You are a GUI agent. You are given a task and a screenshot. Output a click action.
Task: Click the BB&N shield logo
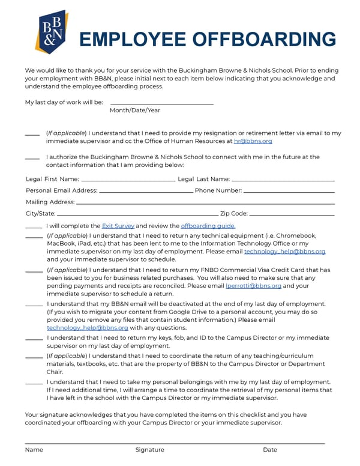coord(51,32)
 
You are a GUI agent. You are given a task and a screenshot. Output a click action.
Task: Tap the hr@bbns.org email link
coord(253,141)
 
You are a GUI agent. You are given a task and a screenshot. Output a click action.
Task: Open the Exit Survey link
coord(118,226)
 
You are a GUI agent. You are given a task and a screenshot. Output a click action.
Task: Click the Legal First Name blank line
coord(128,180)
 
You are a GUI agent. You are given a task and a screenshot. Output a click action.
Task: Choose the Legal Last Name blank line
coord(283,180)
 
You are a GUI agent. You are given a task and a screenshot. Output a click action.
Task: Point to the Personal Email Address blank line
coord(146,192)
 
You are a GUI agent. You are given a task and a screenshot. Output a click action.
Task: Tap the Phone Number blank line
coord(289,192)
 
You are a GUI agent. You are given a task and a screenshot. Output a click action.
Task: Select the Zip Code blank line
coord(292,214)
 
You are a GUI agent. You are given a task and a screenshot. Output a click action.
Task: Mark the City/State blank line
coord(137,214)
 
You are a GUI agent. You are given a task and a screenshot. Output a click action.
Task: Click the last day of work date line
coord(161,104)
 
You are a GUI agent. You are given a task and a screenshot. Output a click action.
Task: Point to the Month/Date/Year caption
coord(135,110)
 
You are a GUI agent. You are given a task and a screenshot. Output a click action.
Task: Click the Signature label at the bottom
coord(149,450)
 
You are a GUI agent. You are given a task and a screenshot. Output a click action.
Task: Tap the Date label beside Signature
coord(270,450)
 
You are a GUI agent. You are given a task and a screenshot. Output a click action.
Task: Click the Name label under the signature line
coord(34,450)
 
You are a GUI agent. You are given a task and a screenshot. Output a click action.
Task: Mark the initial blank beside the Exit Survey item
coord(34,227)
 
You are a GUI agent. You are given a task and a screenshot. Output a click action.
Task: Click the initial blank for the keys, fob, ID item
coord(34,339)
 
